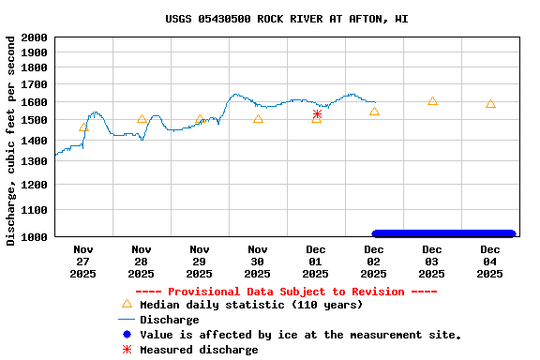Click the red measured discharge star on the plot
317,114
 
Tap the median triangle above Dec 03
432,100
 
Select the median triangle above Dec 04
490,104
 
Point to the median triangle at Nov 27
83,127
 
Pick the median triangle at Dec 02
374,112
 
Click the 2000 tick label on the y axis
34,37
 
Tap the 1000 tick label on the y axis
34,237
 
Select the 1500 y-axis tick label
34,120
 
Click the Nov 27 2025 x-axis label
82,262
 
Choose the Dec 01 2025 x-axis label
315,262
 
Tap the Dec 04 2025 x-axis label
489,262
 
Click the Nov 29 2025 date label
199,262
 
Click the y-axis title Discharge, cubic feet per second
11,141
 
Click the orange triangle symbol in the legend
127,304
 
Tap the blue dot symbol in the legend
127,335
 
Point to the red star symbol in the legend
127,350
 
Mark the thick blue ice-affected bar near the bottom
443,233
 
